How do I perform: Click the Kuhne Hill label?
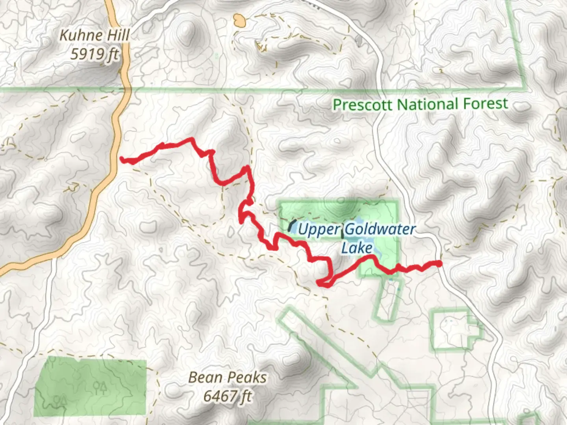pos(94,35)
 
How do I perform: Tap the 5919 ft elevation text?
pos(94,54)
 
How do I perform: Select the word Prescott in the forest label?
pos(363,105)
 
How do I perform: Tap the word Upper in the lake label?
pos(319,229)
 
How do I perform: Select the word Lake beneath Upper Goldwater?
pos(357,248)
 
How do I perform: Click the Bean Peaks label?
pos(227,377)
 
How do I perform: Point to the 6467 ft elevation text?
pos(227,395)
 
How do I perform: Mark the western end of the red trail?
pos(122,159)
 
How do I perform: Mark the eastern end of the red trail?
pos(439,263)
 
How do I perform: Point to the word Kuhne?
pos(77,35)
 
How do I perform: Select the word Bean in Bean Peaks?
pos(205,377)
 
